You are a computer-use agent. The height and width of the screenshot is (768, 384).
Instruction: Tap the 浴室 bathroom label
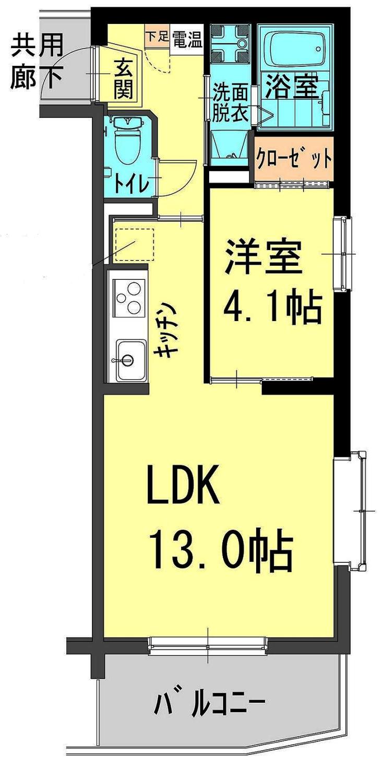click(292, 87)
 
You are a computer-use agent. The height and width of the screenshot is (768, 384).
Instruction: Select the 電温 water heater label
click(187, 40)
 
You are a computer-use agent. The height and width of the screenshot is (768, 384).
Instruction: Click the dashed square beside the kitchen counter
click(134, 244)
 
